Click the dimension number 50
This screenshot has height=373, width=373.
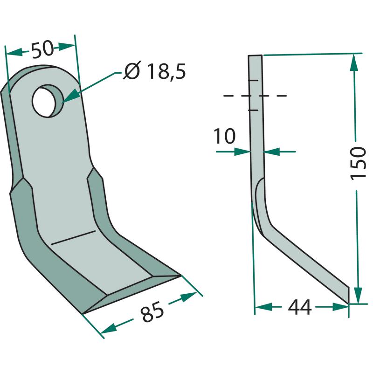click(43, 50)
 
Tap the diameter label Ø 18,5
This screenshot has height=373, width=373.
click(155, 71)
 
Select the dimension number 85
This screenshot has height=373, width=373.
click(152, 311)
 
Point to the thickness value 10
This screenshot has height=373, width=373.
click(224, 136)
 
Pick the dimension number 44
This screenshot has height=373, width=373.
click(299, 307)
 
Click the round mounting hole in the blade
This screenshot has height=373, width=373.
click(48, 101)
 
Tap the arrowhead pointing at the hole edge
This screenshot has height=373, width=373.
click(69, 97)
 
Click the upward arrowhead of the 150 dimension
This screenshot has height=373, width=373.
click(354, 63)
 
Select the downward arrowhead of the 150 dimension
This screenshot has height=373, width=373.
click(358, 296)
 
